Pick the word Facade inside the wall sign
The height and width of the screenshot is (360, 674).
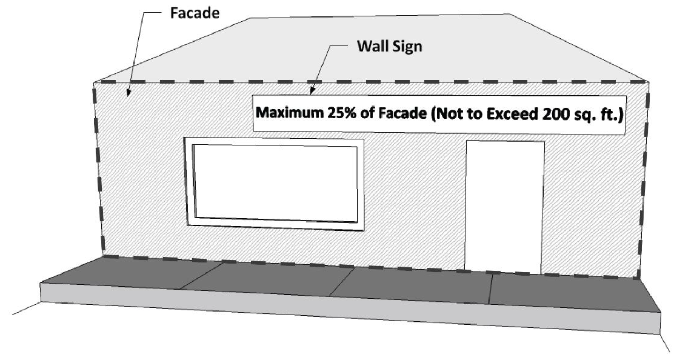pos(396,113)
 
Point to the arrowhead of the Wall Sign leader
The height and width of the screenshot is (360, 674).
pos(312,93)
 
